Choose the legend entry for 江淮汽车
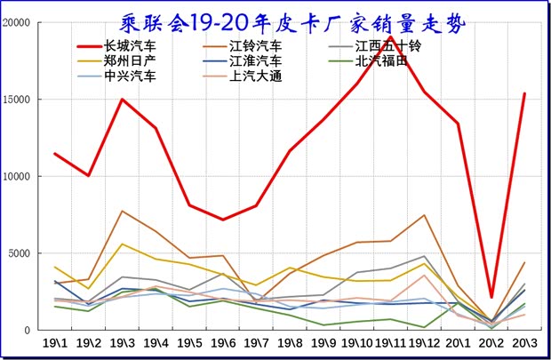coord(255,60)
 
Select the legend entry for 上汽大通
coord(255,76)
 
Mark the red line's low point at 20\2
coord(491,297)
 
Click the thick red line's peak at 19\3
coord(122,99)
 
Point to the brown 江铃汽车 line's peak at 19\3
coord(122,211)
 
